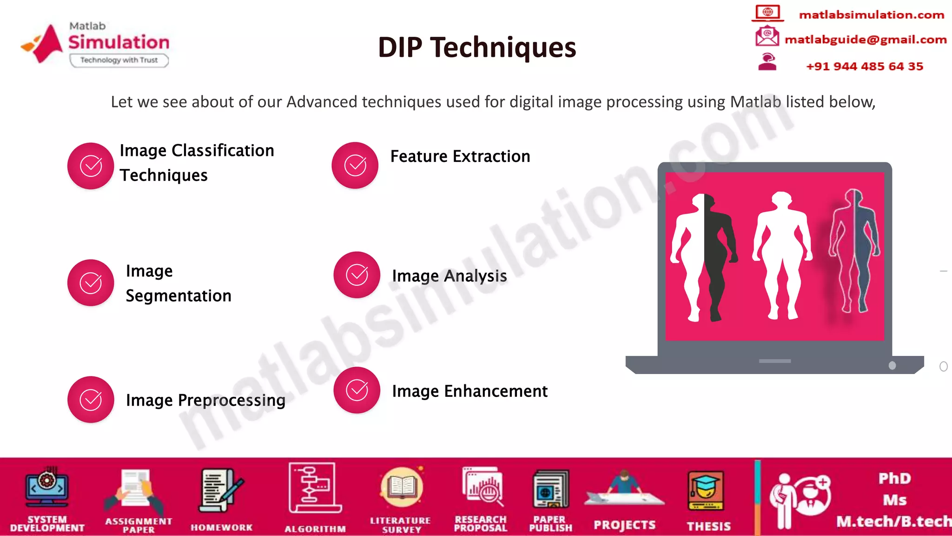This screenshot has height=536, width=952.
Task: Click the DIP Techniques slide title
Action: pos(476,47)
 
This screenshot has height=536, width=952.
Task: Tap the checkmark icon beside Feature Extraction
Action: pos(355,165)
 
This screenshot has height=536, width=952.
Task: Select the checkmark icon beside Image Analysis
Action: pos(357,275)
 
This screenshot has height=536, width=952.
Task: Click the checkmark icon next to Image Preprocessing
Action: pos(91,400)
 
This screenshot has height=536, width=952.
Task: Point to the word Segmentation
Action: pos(178,296)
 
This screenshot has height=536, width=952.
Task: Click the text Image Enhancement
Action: pos(469,391)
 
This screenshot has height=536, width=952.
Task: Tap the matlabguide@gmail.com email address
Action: pos(865,40)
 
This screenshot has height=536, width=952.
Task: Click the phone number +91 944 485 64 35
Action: pos(864,67)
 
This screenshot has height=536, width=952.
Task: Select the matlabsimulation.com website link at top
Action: pos(871,15)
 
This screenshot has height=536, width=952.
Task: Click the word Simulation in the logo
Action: pos(119,42)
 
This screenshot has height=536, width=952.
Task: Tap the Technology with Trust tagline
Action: pos(119,60)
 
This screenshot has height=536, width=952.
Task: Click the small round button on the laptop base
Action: pos(892,366)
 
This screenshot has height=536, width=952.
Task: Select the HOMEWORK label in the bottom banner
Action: pos(222,528)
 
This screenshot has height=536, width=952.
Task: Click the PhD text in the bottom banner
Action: pos(894,478)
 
